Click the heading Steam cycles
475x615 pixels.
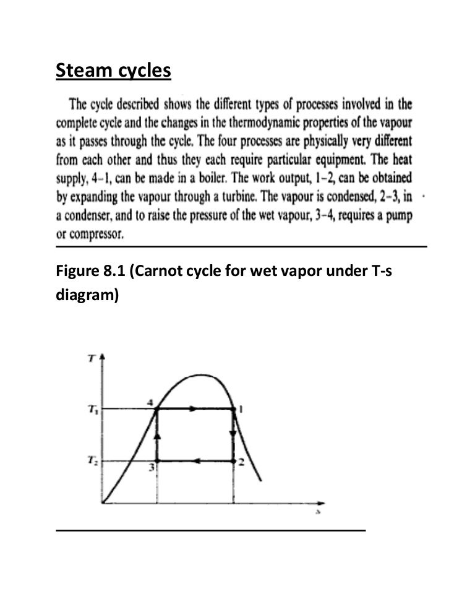point(113,72)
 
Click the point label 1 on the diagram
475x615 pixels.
point(241,408)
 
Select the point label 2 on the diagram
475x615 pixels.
point(242,463)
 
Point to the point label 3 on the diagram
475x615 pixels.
point(150,468)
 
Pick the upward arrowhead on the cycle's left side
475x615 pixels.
point(157,436)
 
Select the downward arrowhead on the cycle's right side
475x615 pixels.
point(233,432)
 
